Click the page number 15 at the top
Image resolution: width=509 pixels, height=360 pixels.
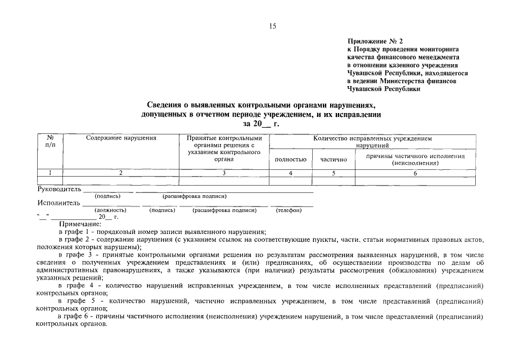point(273,26)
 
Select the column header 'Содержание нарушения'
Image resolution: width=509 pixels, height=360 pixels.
point(121,138)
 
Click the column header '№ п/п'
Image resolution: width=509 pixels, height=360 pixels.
point(50,141)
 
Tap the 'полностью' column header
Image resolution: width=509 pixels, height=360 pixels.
point(290,160)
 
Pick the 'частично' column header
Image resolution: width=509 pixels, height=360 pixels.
point(334,160)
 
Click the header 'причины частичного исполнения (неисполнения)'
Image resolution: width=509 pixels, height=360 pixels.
point(415,159)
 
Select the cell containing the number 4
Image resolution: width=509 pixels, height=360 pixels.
point(290,173)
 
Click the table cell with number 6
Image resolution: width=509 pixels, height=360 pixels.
point(415,173)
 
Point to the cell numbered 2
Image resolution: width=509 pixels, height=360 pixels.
point(120,173)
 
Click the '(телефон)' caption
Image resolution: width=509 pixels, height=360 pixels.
point(289,210)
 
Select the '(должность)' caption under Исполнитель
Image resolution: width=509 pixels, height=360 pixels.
point(110,210)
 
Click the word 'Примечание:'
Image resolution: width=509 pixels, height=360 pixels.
point(80,224)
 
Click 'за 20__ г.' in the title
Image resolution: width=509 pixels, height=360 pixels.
point(260,123)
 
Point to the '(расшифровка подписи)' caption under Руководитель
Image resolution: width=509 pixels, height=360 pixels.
point(195,196)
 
